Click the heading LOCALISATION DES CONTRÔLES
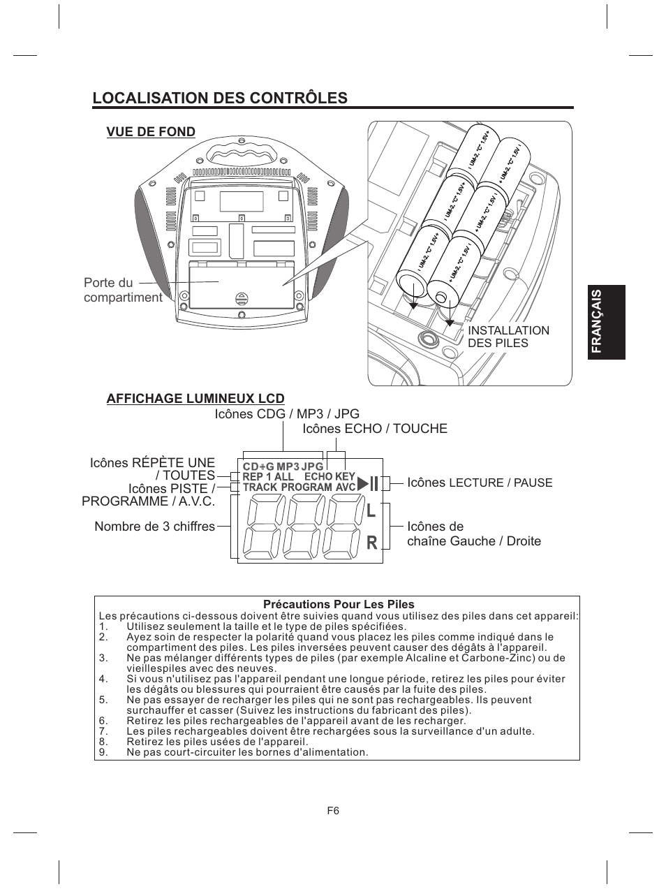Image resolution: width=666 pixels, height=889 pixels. (x=220, y=98)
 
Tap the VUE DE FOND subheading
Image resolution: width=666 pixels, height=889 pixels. (x=151, y=132)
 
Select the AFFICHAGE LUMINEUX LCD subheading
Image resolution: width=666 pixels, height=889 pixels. (x=195, y=399)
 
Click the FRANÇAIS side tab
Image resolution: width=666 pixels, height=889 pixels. (x=607, y=323)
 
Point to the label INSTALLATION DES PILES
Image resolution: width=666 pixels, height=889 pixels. (x=508, y=337)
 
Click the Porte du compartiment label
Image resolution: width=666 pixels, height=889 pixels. (x=122, y=291)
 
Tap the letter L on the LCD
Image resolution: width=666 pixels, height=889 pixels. (x=371, y=510)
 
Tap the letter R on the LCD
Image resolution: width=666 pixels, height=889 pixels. (x=371, y=542)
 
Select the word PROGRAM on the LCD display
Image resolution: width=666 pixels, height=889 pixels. (x=306, y=487)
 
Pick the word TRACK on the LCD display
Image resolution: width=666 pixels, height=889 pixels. (x=260, y=487)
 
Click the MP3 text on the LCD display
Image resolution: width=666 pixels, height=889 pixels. (x=288, y=466)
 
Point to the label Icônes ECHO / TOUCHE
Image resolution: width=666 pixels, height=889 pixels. (x=375, y=429)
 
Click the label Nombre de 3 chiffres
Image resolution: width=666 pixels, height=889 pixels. (x=154, y=527)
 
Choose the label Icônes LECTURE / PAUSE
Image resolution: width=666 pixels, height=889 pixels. (x=480, y=483)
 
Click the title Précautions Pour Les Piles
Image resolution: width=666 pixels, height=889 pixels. (x=338, y=605)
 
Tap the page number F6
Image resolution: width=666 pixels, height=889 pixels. (x=333, y=811)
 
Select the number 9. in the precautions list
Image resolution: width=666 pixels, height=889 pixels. (x=103, y=752)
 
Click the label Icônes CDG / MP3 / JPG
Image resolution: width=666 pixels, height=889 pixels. (x=287, y=414)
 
